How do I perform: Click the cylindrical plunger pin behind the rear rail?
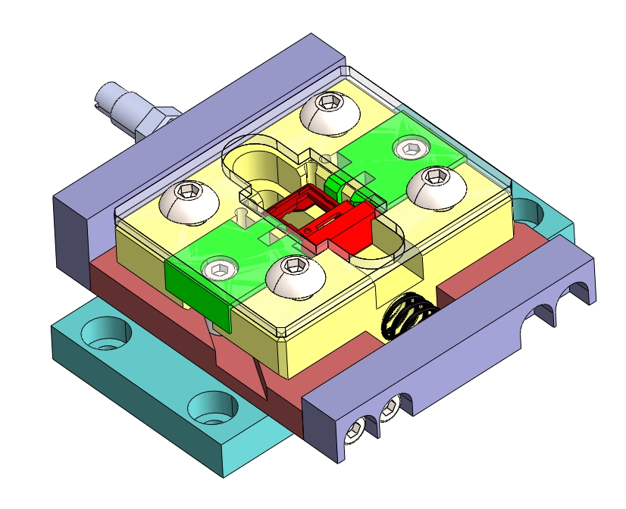coord(121,106)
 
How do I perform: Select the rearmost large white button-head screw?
coord(328,111)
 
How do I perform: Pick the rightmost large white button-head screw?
coord(435,184)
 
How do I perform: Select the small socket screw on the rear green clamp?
coord(410,148)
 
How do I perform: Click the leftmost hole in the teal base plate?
coord(107,333)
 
